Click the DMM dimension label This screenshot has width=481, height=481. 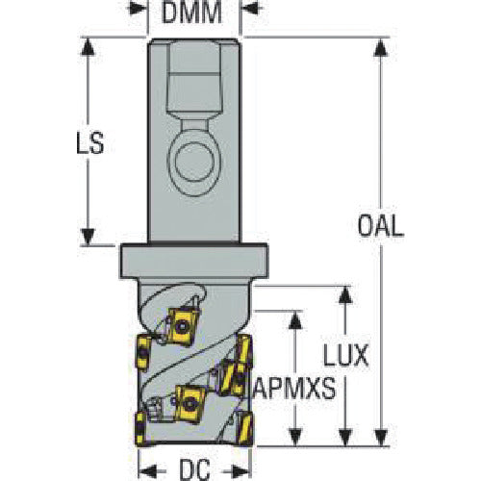coord(191,13)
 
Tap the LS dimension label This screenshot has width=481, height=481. coord(90,142)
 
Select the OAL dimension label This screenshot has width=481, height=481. coord(381,226)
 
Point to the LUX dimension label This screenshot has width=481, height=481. coord(346,356)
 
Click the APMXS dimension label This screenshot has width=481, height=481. coord(294,388)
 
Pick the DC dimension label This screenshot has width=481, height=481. coord(194,469)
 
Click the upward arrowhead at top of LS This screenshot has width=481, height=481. coord(87,46)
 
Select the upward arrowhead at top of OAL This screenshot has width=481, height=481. coord(381,47)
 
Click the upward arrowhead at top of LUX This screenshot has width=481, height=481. coord(345,294)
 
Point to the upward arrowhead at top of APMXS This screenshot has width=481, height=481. coord(295,319)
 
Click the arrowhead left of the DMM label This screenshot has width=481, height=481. coord(138,8)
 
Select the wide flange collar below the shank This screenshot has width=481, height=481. coord(193,261)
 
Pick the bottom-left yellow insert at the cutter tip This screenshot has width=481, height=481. coord(140,429)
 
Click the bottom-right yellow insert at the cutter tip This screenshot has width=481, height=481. coord(245,429)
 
